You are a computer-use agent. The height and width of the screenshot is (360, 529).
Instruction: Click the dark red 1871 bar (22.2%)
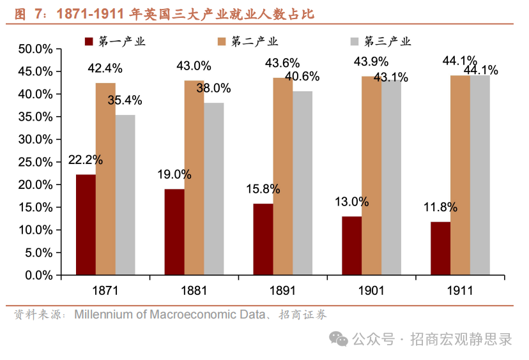(x=86, y=225)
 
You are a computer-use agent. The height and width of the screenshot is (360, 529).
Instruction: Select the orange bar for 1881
(x=194, y=178)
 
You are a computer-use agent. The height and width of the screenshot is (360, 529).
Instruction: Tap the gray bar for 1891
(x=302, y=183)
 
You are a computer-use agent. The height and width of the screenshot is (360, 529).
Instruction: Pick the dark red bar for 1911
(x=440, y=248)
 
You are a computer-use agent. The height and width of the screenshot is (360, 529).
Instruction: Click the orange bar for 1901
(x=371, y=176)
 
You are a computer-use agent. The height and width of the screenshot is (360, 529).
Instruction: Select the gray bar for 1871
(x=125, y=195)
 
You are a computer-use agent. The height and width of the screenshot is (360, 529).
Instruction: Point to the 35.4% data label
(x=125, y=100)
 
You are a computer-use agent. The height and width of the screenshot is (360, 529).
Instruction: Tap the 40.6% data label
(x=302, y=77)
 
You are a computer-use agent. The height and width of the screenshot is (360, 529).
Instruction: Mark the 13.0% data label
(x=351, y=202)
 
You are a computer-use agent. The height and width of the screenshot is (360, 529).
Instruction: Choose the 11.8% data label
(x=440, y=207)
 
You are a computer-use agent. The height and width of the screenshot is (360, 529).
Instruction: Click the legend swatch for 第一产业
(x=89, y=42)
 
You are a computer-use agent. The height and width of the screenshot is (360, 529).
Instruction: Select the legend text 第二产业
(x=254, y=42)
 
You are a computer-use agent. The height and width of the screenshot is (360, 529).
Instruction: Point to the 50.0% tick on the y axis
(x=35, y=49)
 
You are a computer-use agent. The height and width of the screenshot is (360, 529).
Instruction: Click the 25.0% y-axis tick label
(x=35, y=162)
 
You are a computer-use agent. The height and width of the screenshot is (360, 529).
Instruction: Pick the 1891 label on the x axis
(x=282, y=290)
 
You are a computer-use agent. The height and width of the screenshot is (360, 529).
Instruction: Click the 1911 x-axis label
(x=459, y=290)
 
